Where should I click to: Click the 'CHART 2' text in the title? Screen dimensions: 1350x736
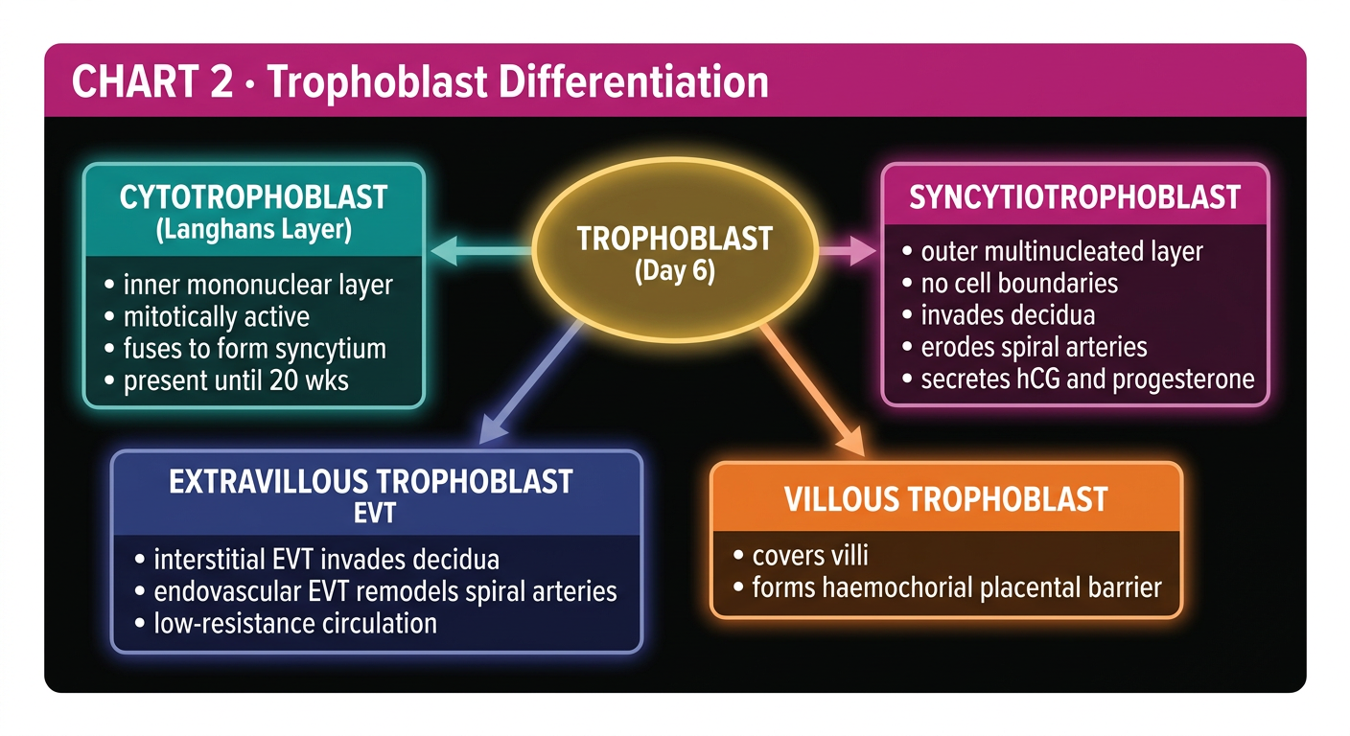pyautogui.click(x=152, y=81)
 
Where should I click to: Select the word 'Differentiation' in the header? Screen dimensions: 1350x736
pyautogui.click(x=634, y=81)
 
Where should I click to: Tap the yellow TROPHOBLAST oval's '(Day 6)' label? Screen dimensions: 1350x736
pyautogui.click(x=675, y=271)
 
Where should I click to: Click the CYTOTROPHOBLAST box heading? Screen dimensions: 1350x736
pyautogui.click(x=253, y=197)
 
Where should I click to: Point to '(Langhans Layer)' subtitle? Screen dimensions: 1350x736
pyautogui.click(x=254, y=229)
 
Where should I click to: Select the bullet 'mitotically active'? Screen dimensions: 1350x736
pyautogui.click(x=217, y=317)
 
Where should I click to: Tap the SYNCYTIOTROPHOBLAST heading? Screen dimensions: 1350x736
pyautogui.click(x=1075, y=197)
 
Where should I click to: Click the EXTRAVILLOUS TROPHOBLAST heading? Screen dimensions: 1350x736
pyautogui.click(x=371, y=482)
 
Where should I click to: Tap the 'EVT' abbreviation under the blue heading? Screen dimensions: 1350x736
pyautogui.click(x=374, y=514)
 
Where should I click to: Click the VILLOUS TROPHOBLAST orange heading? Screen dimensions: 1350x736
pyautogui.click(x=945, y=499)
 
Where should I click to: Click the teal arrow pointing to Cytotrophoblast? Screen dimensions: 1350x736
pyautogui.click(x=481, y=250)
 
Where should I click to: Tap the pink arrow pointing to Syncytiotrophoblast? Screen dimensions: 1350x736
pyautogui.click(x=847, y=250)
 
